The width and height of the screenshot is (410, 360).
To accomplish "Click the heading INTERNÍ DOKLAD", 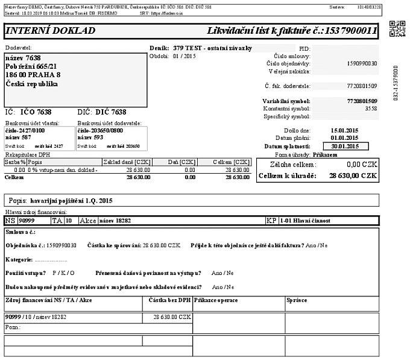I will pos(46,30).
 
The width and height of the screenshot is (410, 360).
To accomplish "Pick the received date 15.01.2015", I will pos(345,130).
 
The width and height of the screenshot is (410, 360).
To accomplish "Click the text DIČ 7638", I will pos(102,112).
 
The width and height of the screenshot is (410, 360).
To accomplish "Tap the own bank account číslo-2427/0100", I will pos(28,129).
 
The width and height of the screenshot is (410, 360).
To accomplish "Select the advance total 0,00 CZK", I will pos(361,163).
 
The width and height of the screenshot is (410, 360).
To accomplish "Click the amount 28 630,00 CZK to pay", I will pos(353,175).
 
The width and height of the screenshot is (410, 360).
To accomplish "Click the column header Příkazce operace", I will pos(216,300).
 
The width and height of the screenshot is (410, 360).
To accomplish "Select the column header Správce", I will pos(297,300).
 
